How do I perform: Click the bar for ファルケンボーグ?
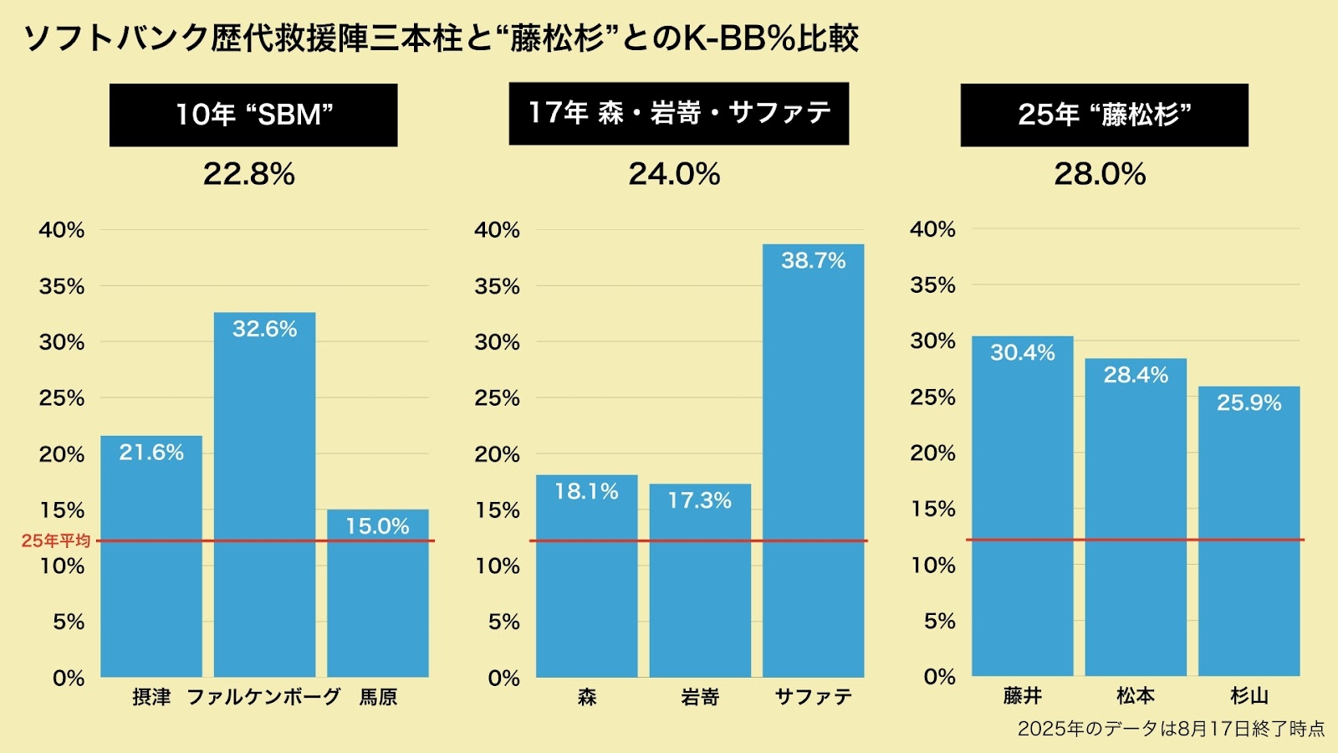click(x=264, y=502)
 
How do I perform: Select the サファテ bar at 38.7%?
click(x=813, y=469)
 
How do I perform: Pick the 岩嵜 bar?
click(x=700, y=586)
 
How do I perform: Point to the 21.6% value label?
click(x=151, y=453)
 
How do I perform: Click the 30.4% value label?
click(x=1022, y=353)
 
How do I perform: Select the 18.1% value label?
click(x=586, y=491)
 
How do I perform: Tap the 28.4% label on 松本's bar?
click(x=1136, y=375)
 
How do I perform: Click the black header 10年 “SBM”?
click(x=253, y=115)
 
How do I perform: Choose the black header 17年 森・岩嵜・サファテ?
click(x=678, y=113)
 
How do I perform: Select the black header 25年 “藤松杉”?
click(x=1104, y=115)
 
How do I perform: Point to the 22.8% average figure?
click(x=249, y=174)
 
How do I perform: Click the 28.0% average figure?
click(x=1100, y=174)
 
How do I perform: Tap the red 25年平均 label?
click(x=56, y=540)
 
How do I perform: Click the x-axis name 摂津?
click(x=151, y=697)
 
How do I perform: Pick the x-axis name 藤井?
click(x=1022, y=695)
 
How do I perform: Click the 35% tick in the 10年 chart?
click(x=62, y=286)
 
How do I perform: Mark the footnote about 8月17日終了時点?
click(x=1171, y=729)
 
